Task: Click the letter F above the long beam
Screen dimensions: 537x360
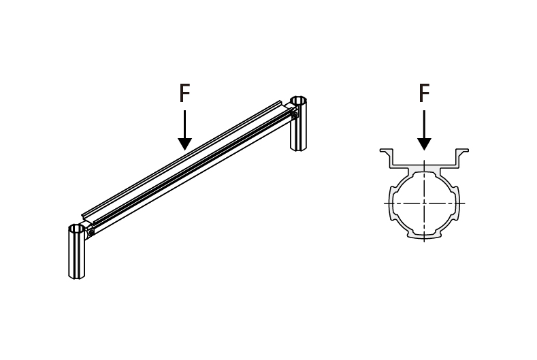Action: click(184, 93)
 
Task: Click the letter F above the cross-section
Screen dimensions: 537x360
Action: click(424, 93)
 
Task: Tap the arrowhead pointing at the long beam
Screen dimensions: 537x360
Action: click(184, 144)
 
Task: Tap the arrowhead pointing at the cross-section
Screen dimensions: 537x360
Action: click(424, 144)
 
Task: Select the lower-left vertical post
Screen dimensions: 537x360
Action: click(77, 251)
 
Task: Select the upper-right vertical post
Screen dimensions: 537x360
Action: click(298, 123)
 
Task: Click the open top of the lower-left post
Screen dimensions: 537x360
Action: click(77, 229)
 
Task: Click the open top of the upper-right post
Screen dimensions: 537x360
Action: click(298, 101)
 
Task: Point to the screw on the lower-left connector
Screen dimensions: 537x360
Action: click(91, 233)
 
